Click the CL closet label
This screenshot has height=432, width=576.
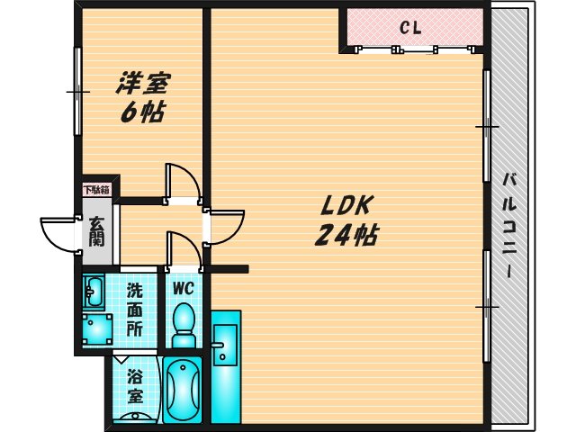[410, 27]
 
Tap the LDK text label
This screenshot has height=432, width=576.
[338, 205]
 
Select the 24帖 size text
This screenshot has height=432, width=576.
[346, 236]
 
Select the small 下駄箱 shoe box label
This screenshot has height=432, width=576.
[95, 190]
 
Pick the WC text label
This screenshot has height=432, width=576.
[184, 290]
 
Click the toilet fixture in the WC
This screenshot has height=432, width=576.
[184, 325]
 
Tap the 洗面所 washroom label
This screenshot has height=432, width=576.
[134, 310]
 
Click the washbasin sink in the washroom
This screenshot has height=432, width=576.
[94, 291]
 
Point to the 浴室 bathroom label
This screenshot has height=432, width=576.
[135, 385]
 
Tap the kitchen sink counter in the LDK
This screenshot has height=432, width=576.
[225, 364]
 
